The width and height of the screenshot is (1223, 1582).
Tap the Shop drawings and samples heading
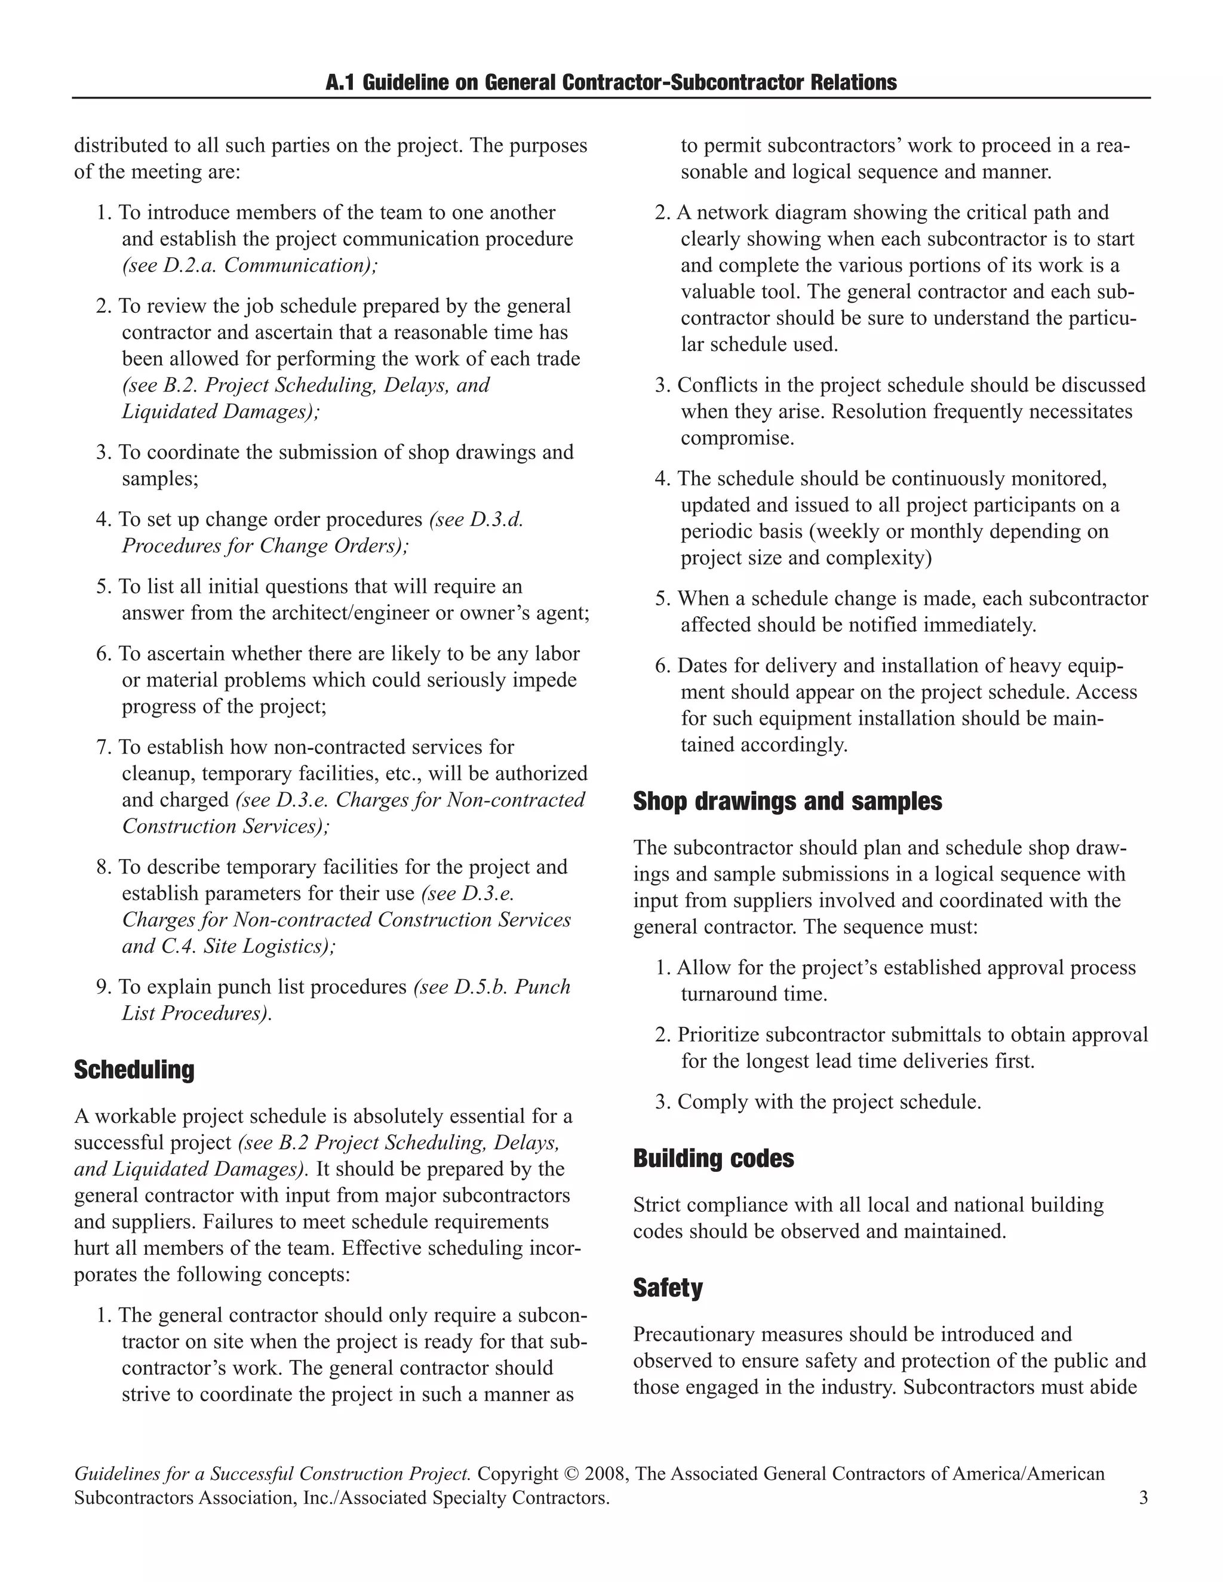click(x=787, y=801)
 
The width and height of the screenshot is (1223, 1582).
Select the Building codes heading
click(x=713, y=1158)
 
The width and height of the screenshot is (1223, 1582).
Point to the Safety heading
click(x=667, y=1287)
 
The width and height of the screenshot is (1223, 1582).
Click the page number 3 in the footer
click(x=1144, y=1497)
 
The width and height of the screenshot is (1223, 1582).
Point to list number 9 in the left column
click(x=103, y=987)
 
